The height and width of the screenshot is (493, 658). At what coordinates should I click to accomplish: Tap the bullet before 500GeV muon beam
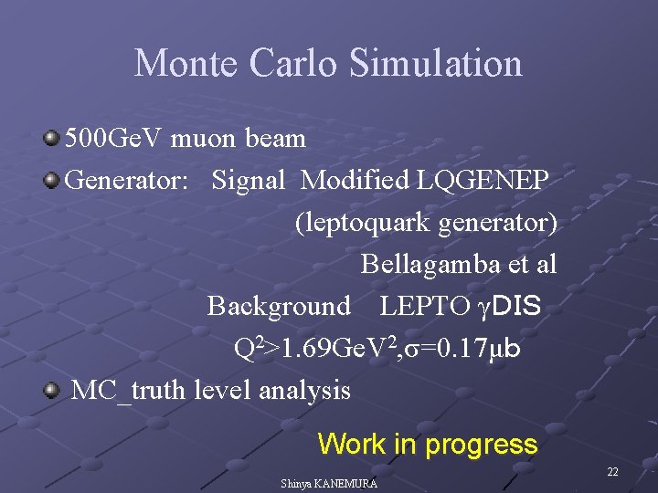52,139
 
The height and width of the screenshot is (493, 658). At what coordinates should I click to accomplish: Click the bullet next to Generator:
52,180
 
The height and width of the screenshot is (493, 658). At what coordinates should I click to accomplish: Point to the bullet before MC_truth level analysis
52,390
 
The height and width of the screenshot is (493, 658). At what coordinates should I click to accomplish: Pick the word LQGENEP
483,181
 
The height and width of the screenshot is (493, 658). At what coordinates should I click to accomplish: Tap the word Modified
356,181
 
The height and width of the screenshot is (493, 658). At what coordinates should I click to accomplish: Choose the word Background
279,306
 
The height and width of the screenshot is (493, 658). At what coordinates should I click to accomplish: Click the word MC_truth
116,391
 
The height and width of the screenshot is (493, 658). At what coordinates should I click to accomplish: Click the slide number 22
612,471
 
